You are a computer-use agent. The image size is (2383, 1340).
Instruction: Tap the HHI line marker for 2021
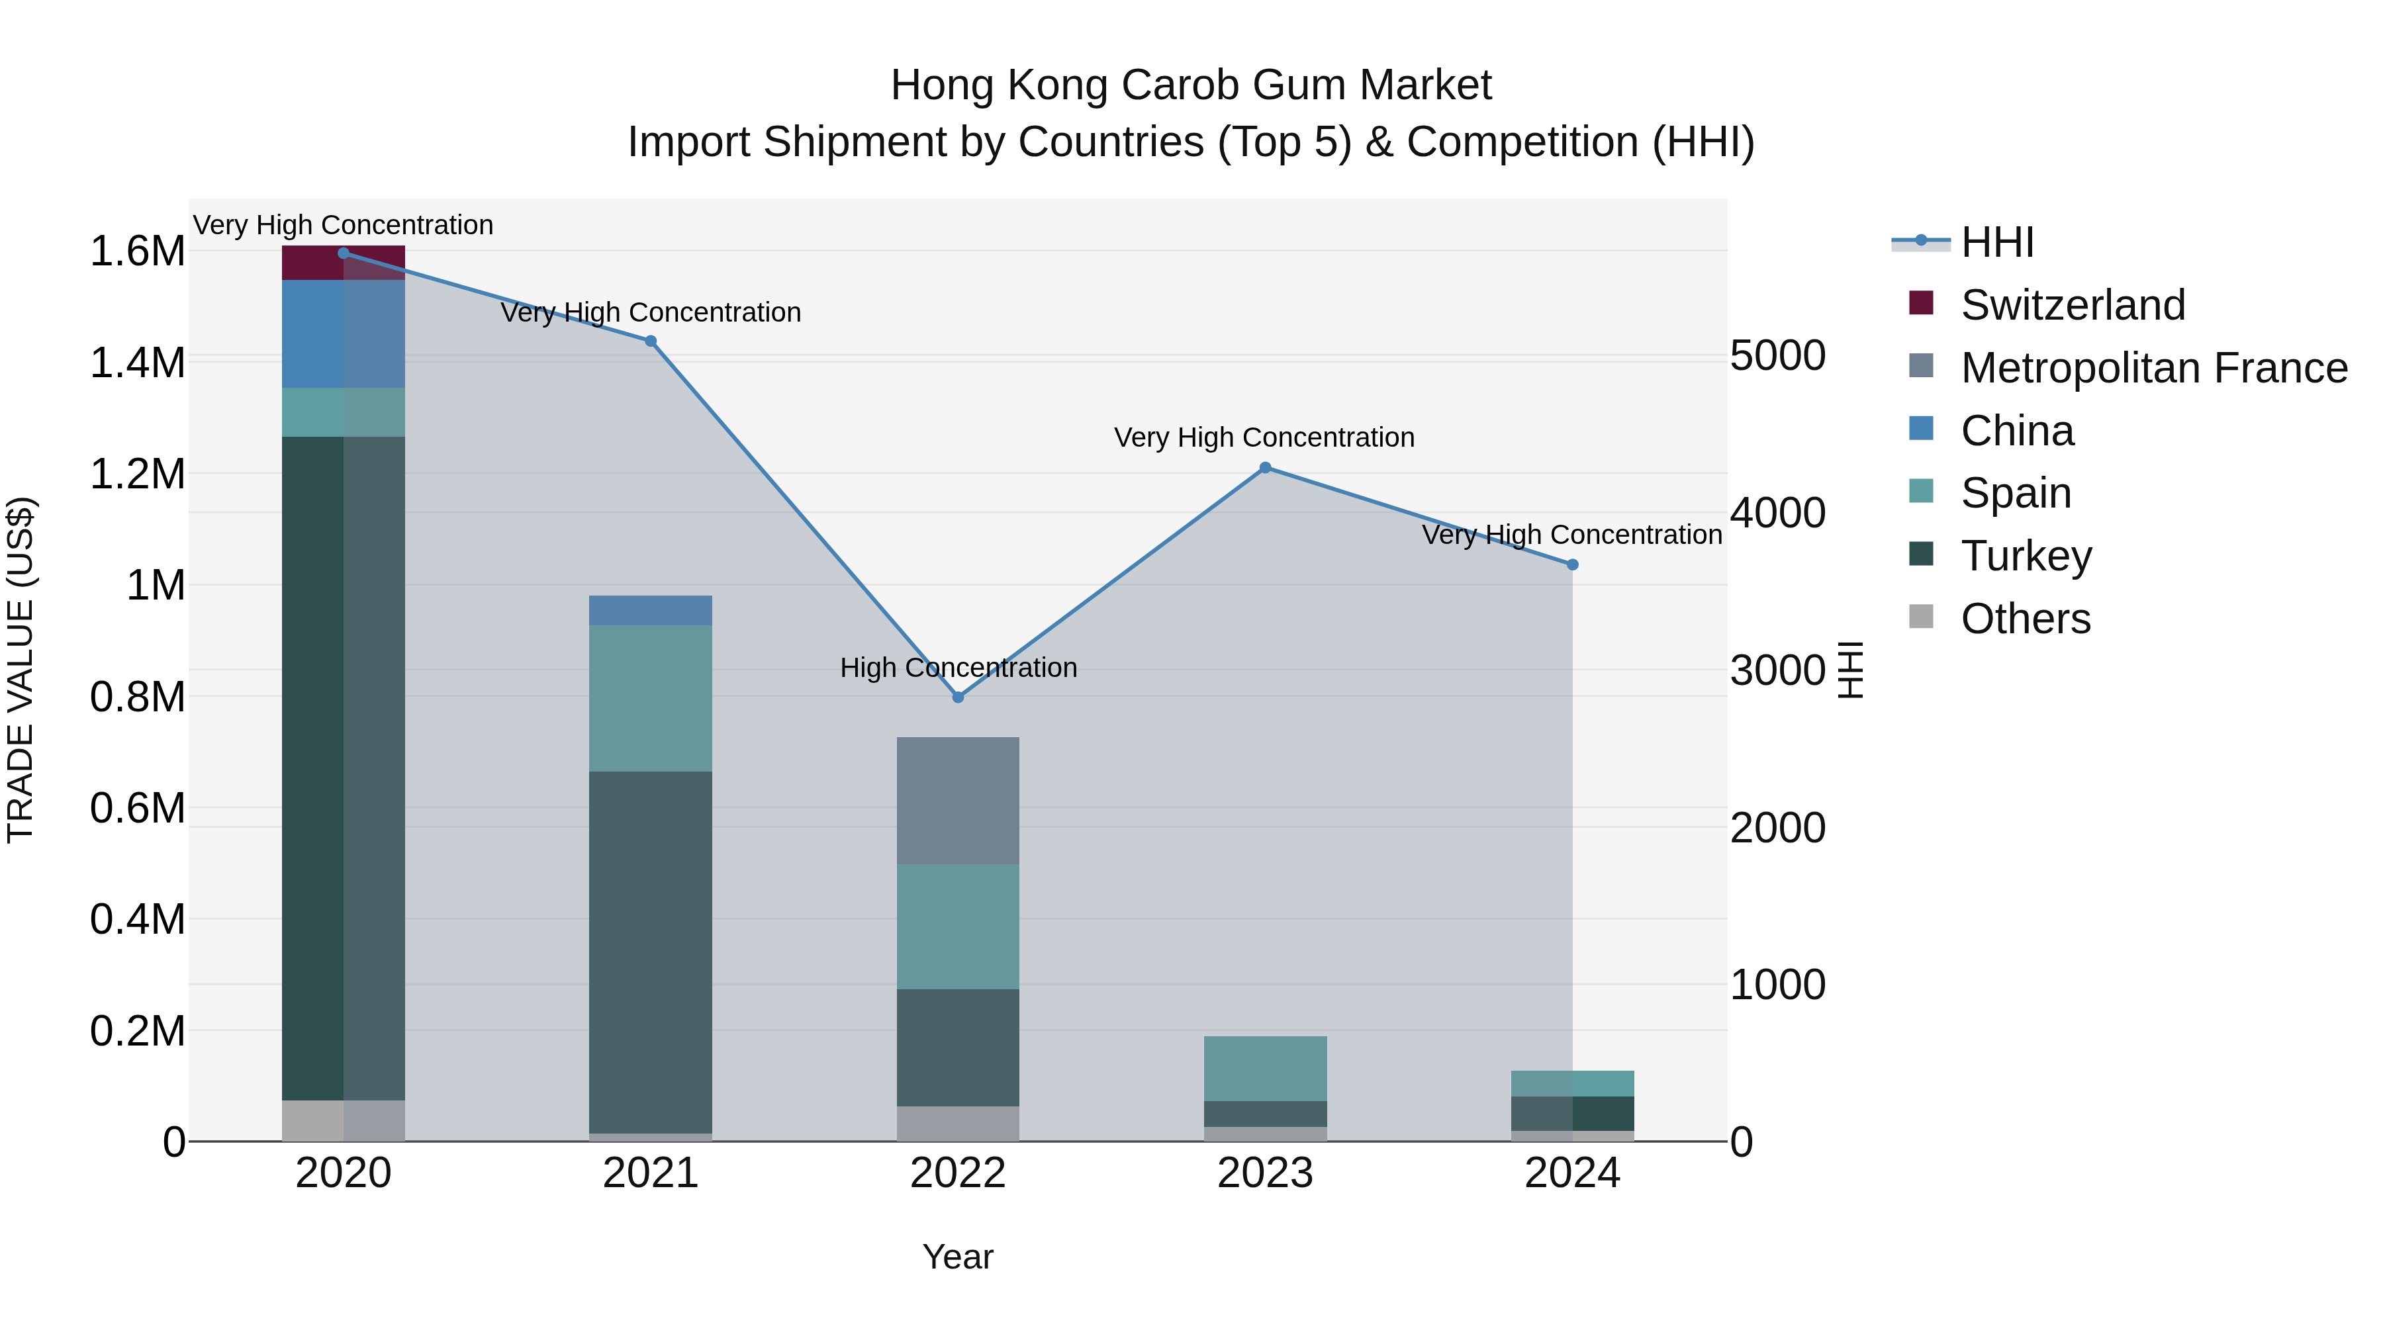[650, 341]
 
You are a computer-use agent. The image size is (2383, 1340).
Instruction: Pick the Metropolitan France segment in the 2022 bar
[957, 801]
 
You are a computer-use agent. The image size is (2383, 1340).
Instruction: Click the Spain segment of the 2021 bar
[650, 698]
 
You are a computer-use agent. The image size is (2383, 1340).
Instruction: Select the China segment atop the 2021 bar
[650, 610]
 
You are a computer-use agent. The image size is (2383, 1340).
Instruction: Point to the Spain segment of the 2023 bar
[1264, 1068]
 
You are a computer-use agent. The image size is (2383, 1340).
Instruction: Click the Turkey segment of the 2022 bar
[957, 1048]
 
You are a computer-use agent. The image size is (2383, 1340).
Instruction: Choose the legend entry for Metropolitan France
[2153, 368]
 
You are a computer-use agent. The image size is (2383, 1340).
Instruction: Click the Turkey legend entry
[2026, 556]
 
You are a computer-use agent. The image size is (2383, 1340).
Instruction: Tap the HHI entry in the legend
[1996, 242]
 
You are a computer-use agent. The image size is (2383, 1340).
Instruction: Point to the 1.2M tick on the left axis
[137, 474]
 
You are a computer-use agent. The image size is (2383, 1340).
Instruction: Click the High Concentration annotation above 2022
[957, 668]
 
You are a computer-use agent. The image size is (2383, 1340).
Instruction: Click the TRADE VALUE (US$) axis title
[21, 670]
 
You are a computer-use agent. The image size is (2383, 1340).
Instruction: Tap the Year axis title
[957, 1257]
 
